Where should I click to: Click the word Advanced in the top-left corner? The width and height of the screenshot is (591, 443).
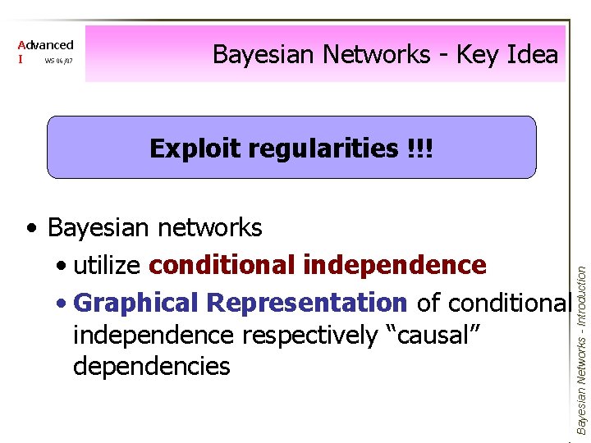[46, 45]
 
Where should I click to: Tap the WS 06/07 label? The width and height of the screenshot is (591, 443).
[59, 61]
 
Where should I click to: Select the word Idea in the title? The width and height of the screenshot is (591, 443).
[530, 55]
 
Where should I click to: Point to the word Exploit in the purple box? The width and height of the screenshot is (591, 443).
[195, 148]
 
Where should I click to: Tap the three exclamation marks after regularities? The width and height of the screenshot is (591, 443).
[419, 148]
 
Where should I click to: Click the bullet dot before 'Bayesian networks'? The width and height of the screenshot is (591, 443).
[30, 228]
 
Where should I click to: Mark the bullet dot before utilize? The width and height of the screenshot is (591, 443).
[62, 267]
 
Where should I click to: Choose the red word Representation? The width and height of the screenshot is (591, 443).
[306, 303]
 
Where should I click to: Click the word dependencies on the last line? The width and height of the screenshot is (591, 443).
[152, 366]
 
